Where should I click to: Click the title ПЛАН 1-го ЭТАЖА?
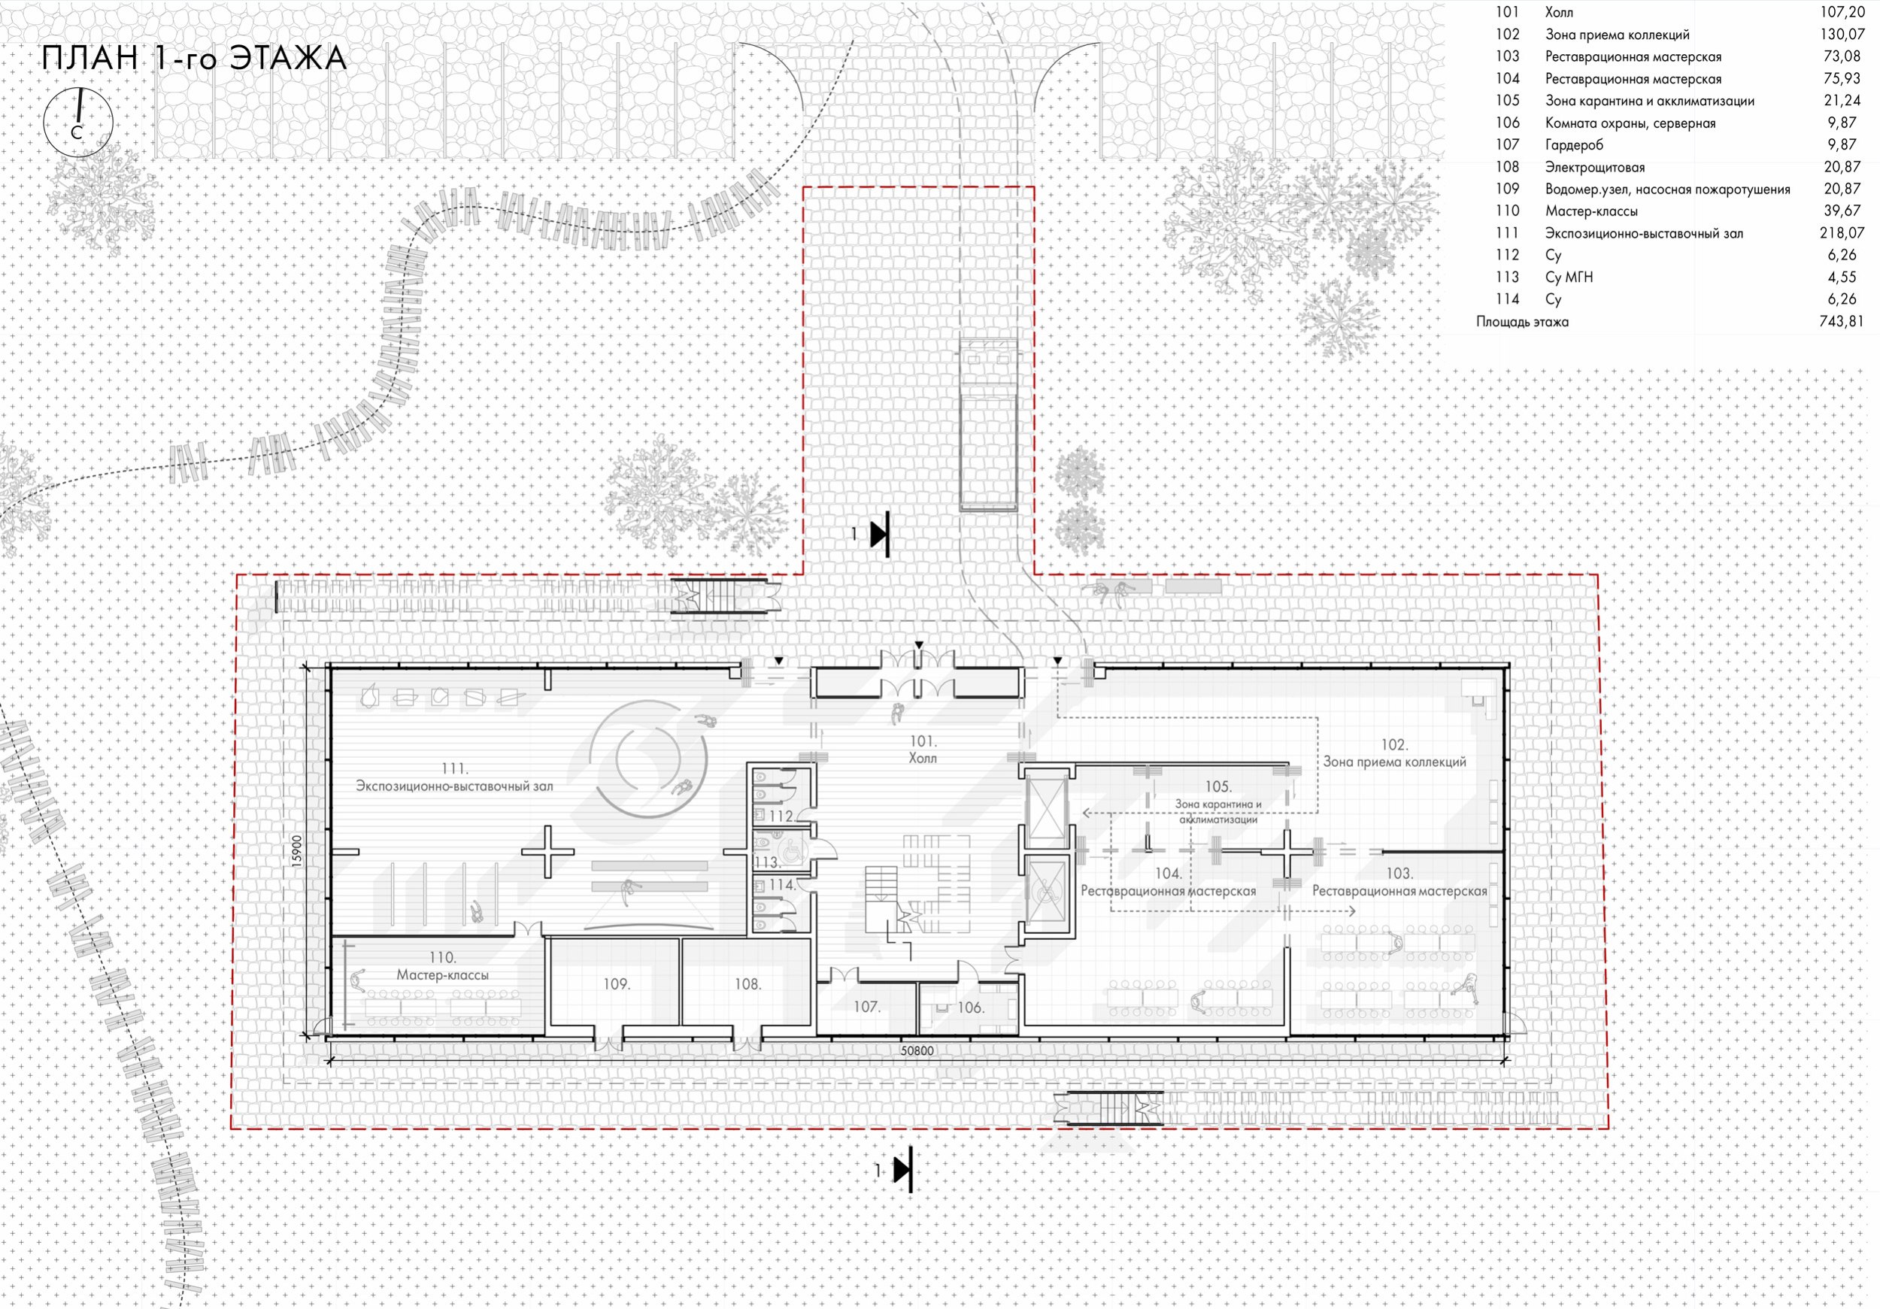pos(194,59)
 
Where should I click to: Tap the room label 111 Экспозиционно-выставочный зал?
pos(454,777)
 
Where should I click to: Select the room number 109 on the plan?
pos(617,984)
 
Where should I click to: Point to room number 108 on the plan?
pos(747,984)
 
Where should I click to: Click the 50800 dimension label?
pos(917,1051)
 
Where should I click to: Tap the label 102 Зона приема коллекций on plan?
pos(1394,753)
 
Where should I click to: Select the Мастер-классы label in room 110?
pos(442,975)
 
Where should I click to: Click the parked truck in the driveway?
pos(988,425)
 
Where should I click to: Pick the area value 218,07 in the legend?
pos(1842,233)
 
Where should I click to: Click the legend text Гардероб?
pos(1574,145)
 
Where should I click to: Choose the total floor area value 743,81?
pos(1842,322)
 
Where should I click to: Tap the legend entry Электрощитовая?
pos(1594,167)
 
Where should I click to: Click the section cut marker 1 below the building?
pos(894,1171)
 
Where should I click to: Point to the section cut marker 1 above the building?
pos(872,535)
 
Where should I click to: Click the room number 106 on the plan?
pos(970,1008)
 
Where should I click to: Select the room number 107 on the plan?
pos(866,1007)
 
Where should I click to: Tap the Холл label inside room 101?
pos(923,758)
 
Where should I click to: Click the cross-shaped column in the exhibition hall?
pos(547,852)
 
